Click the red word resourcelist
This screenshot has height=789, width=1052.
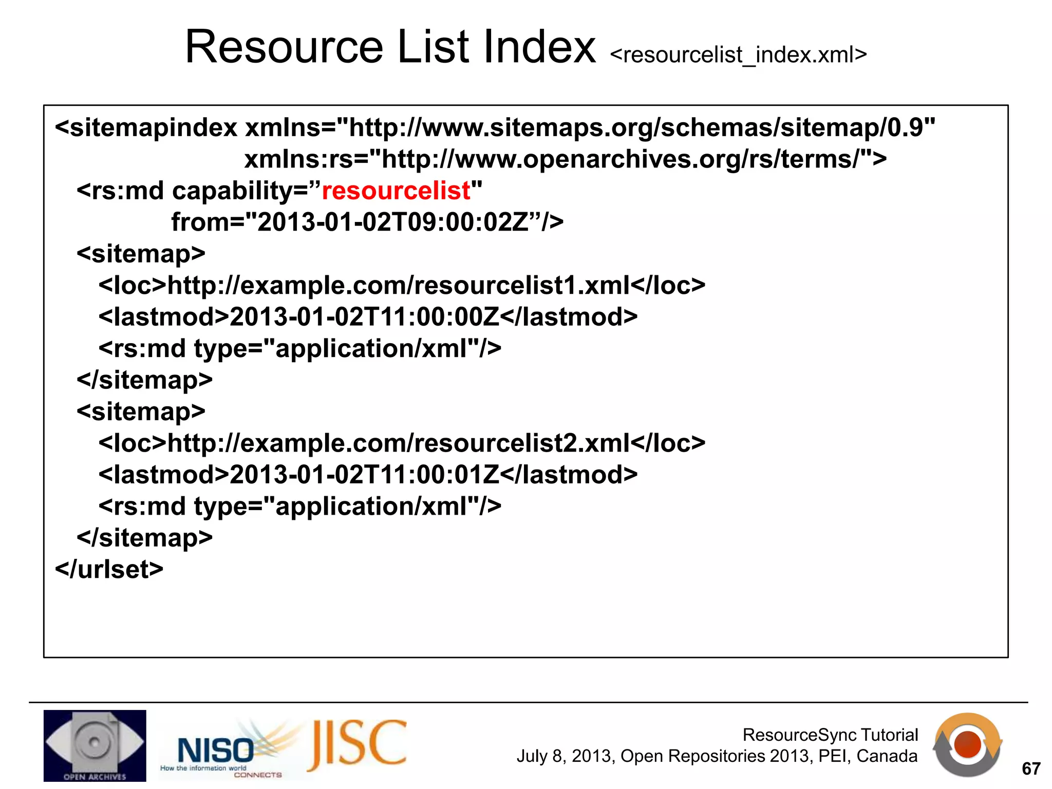tap(396, 191)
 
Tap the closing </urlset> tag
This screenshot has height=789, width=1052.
tap(109, 570)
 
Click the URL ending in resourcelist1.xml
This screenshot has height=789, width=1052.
tap(399, 286)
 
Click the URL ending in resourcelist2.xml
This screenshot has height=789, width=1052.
tap(399, 443)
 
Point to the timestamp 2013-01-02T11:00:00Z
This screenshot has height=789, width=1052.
tap(364, 317)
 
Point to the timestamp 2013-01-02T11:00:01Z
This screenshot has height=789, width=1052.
tap(364, 475)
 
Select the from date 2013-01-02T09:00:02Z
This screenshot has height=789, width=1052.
tap(393, 222)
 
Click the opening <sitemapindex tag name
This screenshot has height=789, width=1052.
tap(146, 128)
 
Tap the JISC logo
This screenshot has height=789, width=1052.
tap(357, 745)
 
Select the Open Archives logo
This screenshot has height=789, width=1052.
tap(95, 745)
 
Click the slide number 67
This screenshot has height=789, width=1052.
tap(1031, 768)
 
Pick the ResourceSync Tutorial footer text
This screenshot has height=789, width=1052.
tap(830, 735)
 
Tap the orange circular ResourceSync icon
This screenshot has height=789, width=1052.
tap(967, 744)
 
